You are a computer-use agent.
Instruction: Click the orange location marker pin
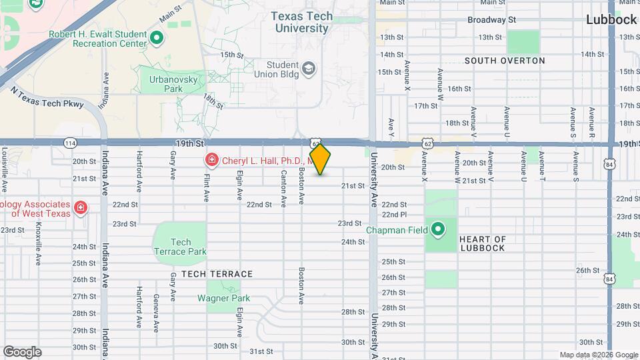pos(320,159)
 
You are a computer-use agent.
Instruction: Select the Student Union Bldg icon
pos(309,68)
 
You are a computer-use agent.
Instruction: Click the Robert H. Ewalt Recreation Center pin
pos(157,37)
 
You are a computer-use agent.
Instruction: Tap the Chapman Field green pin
pos(438,231)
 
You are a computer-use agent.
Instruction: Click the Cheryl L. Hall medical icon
pos(211,160)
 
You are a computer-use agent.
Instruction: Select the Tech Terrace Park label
pos(180,247)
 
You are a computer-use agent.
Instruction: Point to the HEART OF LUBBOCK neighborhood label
pos(482,243)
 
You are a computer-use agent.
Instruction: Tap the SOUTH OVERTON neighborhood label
pos(505,61)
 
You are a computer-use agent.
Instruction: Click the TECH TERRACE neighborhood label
pos(217,274)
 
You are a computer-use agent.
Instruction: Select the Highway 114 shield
pos(70,143)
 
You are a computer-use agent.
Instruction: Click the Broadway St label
pos(492,20)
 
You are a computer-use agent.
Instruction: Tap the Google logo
pos(22,352)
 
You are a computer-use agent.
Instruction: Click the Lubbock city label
pos(611,19)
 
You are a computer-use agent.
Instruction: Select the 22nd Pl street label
pos(394,214)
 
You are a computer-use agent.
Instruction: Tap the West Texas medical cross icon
pos(81,208)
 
